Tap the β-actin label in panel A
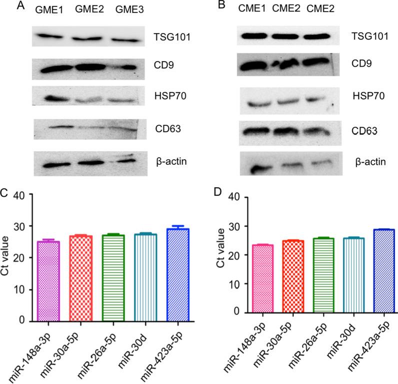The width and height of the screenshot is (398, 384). click(x=168, y=161)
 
